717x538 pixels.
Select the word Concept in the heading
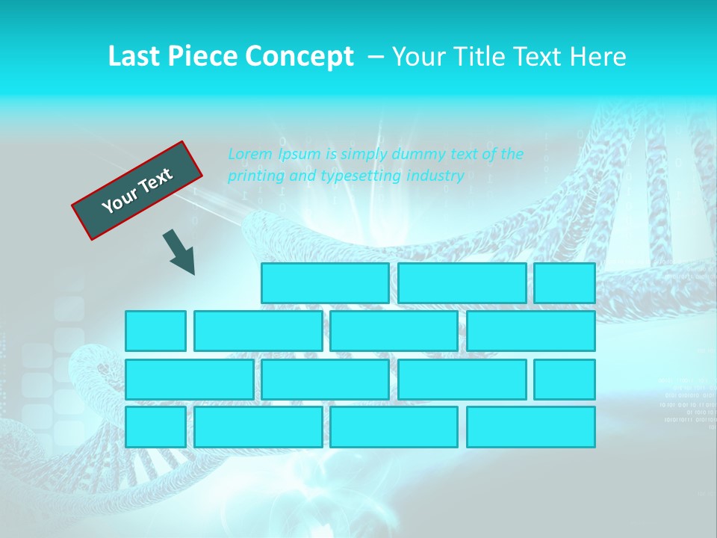(300, 57)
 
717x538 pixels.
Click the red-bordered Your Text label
(137, 190)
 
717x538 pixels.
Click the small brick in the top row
(565, 283)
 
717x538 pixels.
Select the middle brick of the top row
(462, 283)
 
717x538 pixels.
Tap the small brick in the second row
(155, 331)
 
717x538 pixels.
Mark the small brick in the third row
(565, 380)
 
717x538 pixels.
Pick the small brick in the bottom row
(155, 427)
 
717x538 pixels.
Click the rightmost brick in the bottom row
(531, 427)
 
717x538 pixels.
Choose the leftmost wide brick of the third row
(189, 380)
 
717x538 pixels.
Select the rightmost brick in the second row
(531, 331)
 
